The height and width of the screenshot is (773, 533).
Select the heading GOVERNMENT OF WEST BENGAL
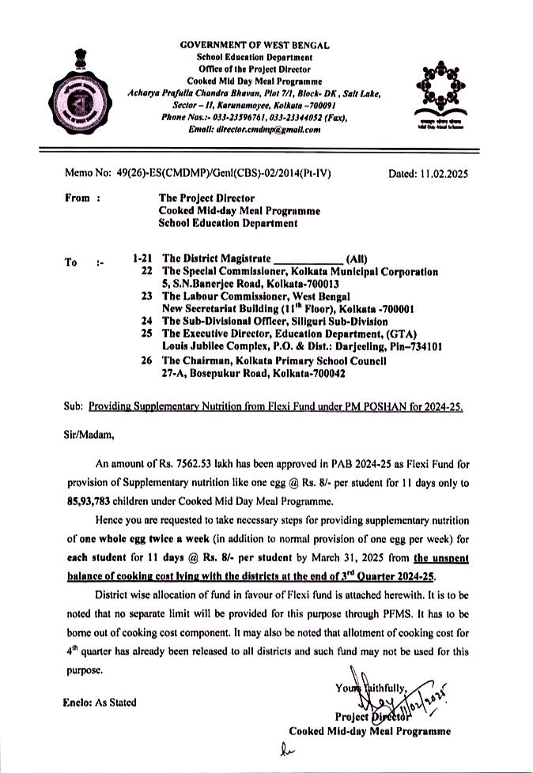255,46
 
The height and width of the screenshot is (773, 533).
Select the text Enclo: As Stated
99,702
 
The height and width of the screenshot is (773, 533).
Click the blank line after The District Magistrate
308,258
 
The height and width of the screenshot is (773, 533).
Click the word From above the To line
77,199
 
